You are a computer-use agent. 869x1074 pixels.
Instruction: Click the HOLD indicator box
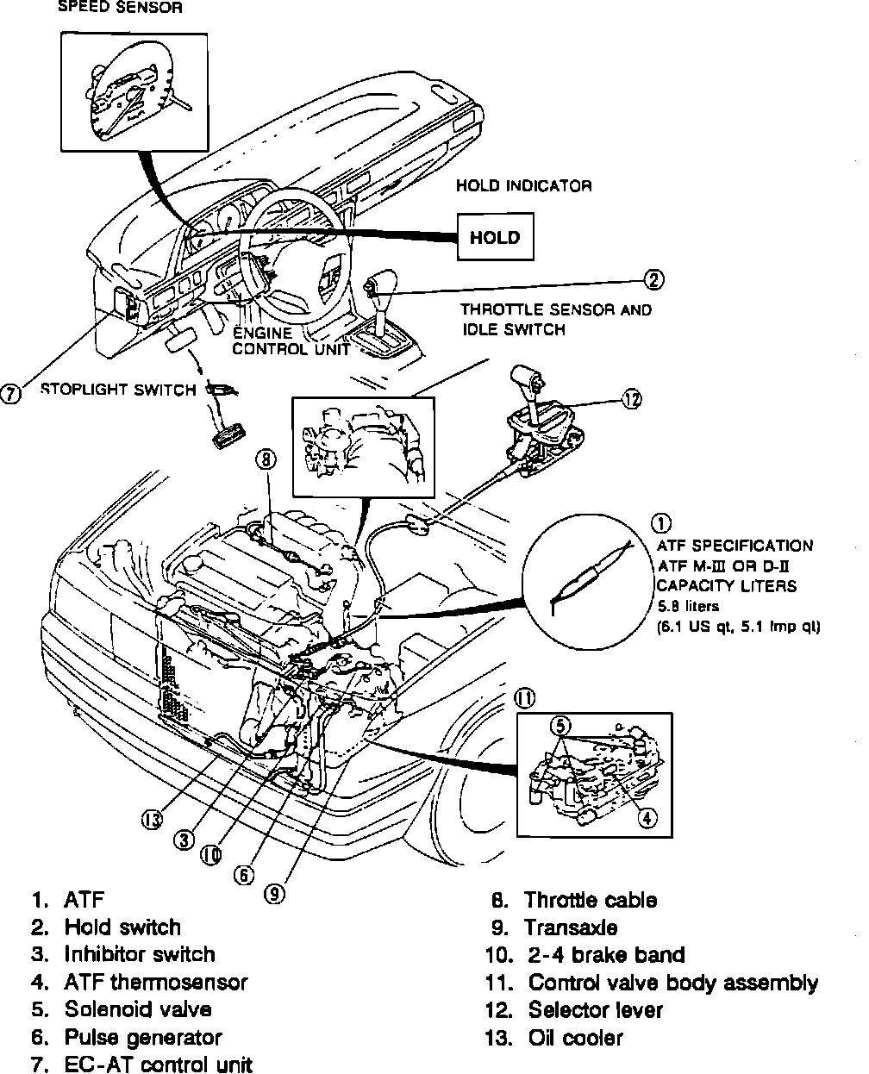point(495,237)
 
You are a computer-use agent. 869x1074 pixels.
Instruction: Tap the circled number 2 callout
point(654,279)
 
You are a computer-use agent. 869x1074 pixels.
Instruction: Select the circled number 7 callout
point(11,394)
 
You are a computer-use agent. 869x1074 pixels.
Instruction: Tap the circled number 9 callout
point(274,894)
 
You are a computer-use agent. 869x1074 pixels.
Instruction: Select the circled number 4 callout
point(646,818)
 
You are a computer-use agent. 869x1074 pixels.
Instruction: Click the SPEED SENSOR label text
point(119,9)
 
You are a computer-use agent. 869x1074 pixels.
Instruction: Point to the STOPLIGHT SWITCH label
point(118,390)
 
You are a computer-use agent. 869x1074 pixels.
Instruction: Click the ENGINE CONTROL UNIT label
point(291,341)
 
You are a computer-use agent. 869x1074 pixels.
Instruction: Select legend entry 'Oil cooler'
point(575,1038)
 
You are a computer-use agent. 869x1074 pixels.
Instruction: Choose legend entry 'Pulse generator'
point(143,1037)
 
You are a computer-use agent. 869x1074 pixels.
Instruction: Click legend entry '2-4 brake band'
point(606,955)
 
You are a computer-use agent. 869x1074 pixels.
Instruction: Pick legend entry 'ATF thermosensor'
point(155,982)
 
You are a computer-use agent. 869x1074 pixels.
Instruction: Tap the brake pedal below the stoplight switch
point(225,434)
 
